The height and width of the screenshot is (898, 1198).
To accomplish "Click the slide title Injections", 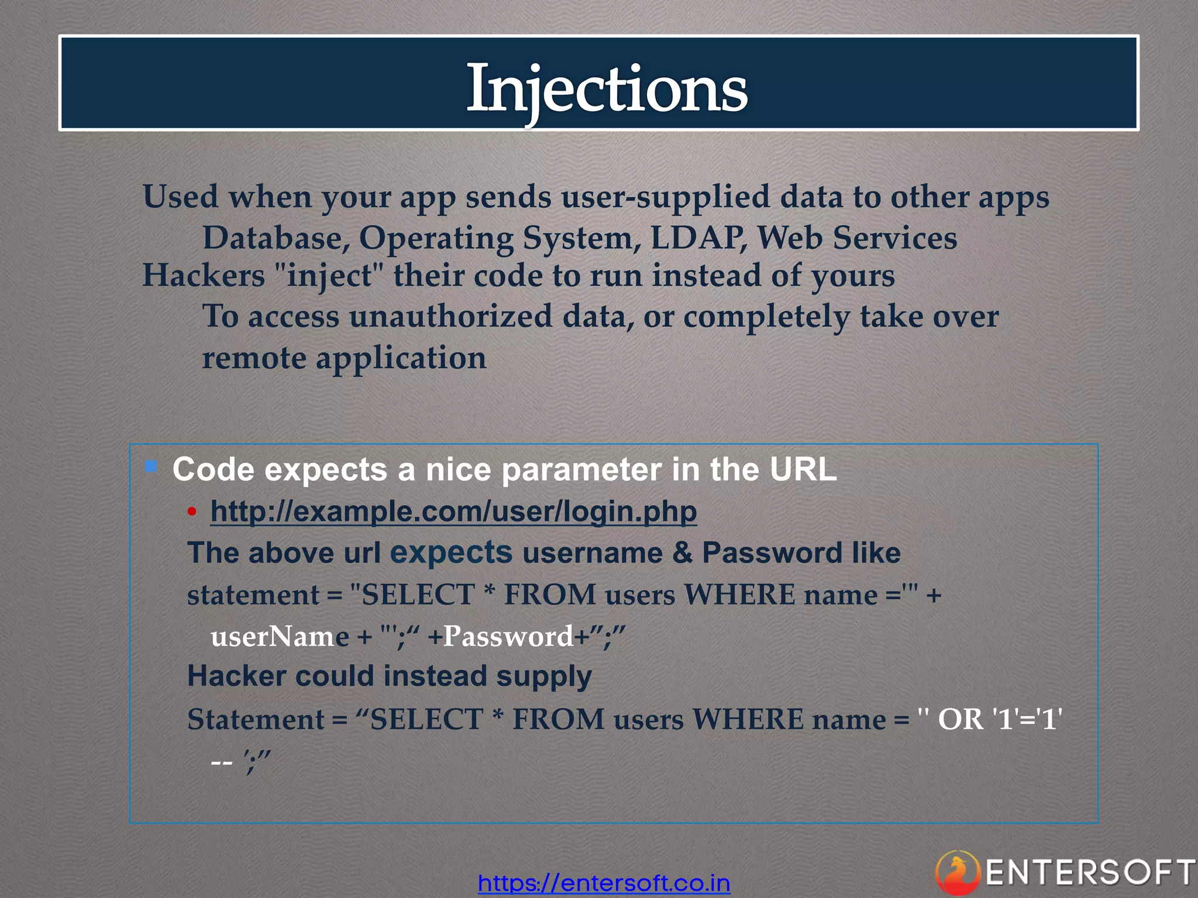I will (607, 88).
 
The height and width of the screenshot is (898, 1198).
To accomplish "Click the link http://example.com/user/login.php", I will (453, 512).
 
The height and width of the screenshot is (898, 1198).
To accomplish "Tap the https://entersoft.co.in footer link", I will (604, 882).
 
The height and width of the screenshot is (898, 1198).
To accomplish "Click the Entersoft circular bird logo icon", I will (958, 873).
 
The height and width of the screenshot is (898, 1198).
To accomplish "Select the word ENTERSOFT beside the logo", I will (1090, 873).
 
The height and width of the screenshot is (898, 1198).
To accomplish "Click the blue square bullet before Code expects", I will (152, 467).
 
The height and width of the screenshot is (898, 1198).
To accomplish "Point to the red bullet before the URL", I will (192, 512).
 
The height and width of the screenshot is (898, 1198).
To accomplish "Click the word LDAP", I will (698, 238).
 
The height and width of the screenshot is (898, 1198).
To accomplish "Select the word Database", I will (276, 238).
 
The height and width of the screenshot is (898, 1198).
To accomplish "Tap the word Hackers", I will (204, 275).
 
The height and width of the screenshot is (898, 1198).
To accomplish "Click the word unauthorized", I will (450, 316).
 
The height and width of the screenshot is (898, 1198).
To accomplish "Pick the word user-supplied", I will (665, 196).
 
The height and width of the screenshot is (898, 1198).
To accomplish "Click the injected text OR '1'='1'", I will (1000, 719).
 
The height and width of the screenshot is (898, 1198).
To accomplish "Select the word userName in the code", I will (280, 636).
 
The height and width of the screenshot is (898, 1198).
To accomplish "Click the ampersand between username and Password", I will (682, 553).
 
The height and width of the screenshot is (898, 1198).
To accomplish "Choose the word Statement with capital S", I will (256, 719).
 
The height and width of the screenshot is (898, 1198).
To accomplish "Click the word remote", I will (254, 358).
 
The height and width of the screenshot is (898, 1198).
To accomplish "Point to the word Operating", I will (436, 238).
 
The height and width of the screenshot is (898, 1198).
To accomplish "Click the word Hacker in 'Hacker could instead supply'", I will (236, 676).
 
